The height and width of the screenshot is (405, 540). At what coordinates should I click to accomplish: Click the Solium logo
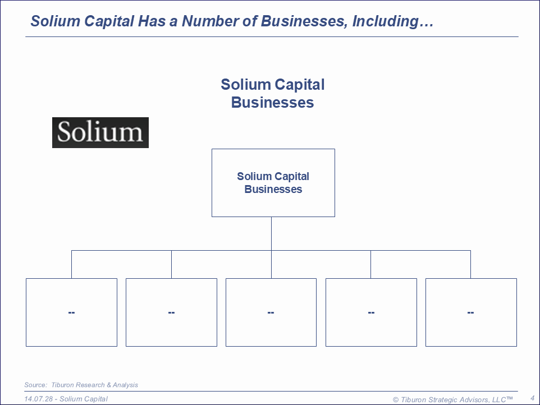tap(100, 132)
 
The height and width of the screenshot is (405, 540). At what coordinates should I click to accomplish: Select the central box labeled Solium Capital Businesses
tap(273, 183)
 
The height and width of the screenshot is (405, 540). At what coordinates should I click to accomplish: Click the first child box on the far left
tap(72, 312)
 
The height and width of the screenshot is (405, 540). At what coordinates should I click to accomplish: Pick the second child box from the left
tap(172, 312)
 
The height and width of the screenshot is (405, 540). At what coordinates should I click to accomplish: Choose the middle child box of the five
tap(271, 312)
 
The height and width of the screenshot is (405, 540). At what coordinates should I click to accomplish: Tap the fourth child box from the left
tap(371, 312)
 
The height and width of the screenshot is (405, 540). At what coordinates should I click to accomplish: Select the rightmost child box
tap(471, 312)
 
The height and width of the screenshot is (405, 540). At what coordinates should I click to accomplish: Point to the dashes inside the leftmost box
tap(72, 312)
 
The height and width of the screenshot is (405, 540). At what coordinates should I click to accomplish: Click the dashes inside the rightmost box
tap(471, 312)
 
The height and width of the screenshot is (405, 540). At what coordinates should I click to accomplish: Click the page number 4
tap(533, 398)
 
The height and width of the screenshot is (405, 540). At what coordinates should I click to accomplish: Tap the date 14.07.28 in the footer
tap(38, 399)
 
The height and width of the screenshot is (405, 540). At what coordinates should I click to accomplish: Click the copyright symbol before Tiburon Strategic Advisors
tap(396, 400)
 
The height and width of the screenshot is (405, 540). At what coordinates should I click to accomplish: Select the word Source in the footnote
tap(35, 385)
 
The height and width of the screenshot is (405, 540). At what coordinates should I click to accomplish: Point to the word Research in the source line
tap(91, 385)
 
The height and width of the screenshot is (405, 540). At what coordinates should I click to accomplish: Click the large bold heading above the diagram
tap(272, 94)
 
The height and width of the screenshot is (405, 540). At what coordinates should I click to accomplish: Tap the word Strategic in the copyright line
tap(443, 400)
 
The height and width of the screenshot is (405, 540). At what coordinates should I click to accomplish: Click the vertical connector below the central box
tap(271, 234)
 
